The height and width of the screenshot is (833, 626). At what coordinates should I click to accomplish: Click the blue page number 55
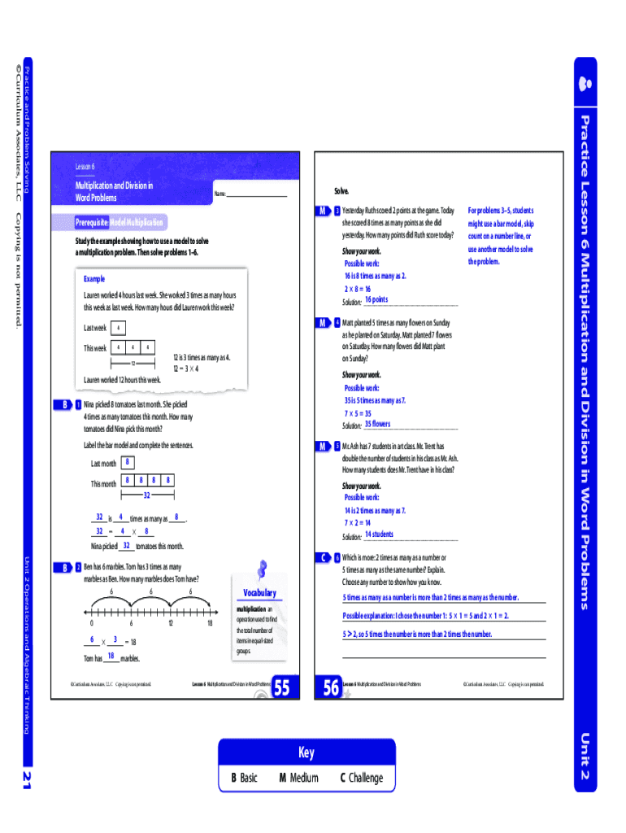pyautogui.click(x=281, y=689)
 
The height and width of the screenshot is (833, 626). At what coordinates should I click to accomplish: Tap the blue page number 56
pyautogui.click(x=331, y=689)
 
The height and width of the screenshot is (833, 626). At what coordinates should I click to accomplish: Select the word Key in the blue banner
pyautogui.click(x=306, y=752)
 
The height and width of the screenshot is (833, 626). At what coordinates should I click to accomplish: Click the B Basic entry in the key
pyautogui.click(x=244, y=778)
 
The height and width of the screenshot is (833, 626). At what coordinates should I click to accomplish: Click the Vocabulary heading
pyautogui.click(x=259, y=593)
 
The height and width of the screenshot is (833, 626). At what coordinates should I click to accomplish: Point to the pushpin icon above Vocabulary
pyautogui.click(x=262, y=569)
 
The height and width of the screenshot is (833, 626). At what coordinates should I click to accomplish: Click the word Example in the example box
pyautogui.click(x=93, y=279)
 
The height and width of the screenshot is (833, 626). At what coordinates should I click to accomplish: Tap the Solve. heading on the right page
pyautogui.click(x=341, y=191)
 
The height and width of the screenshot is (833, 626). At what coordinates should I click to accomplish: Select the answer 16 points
pyautogui.click(x=376, y=300)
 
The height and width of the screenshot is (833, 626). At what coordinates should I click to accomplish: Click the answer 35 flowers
pyautogui.click(x=377, y=424)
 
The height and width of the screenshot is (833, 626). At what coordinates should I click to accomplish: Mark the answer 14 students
pyautogui.click(x=379, y=534)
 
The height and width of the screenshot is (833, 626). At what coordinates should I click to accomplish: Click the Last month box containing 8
pyautogui.click(x=128, y=463)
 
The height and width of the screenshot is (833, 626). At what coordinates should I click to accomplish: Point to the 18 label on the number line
pyautogui.click(x=210, y=622)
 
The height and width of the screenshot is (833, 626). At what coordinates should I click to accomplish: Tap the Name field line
pyautogui.click(x=257, y=195)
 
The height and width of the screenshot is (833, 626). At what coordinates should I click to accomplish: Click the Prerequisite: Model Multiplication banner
pyautogui.click(x=119, y=222)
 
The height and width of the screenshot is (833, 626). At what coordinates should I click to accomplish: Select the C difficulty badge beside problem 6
pyautogui.click(x=324, y=557)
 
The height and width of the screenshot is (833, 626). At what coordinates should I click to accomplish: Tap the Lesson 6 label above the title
pyautogui.click(x=85, y=167)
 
